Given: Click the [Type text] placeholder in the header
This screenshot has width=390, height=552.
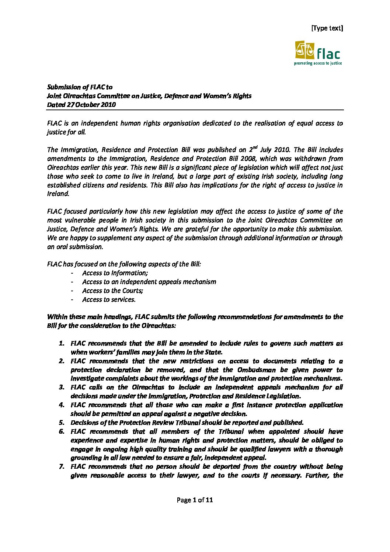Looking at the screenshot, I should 327,28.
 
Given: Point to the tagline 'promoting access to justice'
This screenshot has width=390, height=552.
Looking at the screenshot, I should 317,63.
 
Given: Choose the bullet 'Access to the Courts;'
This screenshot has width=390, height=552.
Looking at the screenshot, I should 112,291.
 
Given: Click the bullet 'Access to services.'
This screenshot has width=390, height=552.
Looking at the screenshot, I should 109,299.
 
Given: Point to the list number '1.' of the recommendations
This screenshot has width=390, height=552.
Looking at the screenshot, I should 62,343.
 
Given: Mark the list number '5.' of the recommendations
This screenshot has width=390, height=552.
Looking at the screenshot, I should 62,423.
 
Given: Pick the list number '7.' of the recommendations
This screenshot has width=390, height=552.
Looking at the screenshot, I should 62,466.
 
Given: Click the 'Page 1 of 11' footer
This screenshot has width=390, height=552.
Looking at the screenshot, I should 195,500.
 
